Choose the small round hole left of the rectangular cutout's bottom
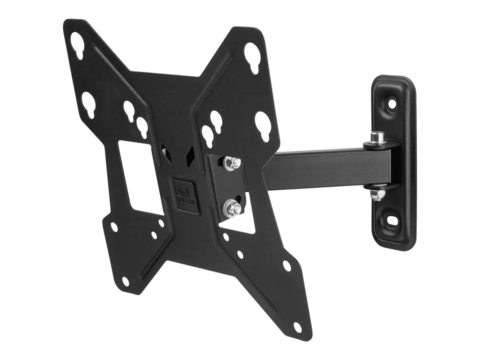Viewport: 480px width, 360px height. click(x=114, y=227)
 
